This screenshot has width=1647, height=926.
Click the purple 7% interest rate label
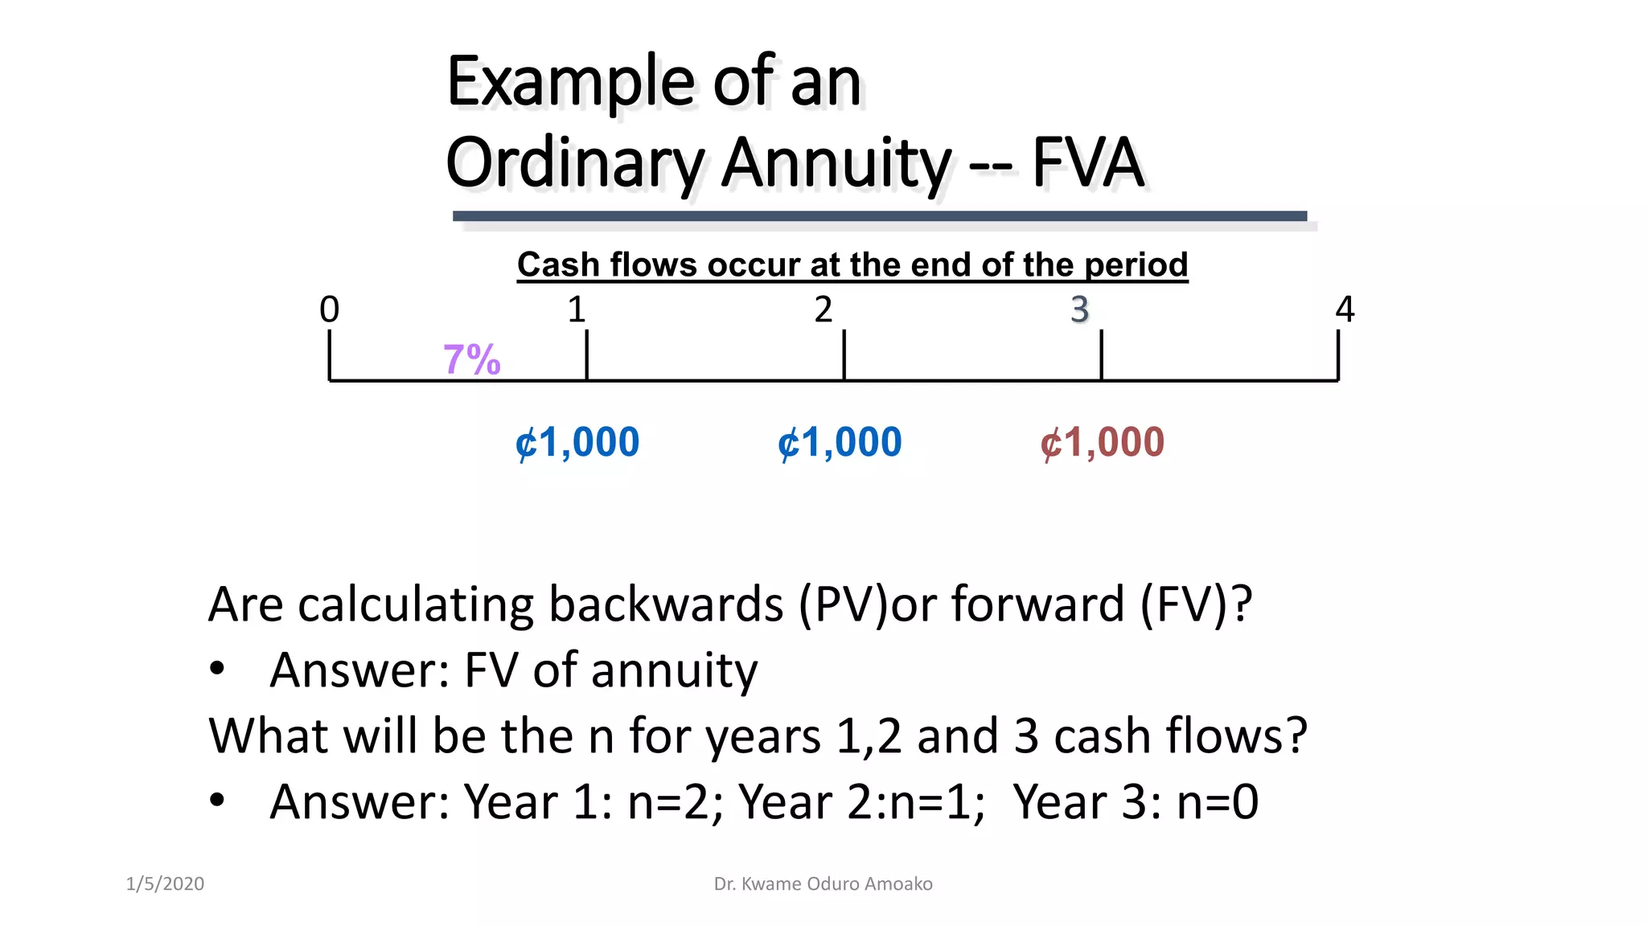(x=472, y=359)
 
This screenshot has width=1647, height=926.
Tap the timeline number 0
(x=330, y=309)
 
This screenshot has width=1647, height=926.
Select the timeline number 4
(x=1345, y=309)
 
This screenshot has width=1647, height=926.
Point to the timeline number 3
(x=1079, y=309)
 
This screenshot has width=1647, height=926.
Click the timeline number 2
(x=823, y=309)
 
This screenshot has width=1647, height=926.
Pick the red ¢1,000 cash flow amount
(x=1102, y=442)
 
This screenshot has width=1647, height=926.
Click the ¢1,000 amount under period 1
(x=577, y=442)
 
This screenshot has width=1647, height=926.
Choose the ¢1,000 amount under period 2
(x=840, y=442)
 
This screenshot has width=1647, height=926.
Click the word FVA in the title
(x=1087, y=162)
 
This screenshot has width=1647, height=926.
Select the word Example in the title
(x=571, y=82)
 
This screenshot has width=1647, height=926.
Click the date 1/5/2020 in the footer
(x=165, y=883)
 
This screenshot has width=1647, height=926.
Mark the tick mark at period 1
(x=587, y=355)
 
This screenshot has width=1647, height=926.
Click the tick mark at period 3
(x=1101, y=355)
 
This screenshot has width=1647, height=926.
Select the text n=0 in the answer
(x=1218, y=801)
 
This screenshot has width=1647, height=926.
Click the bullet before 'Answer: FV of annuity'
(x=216, y=669)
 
